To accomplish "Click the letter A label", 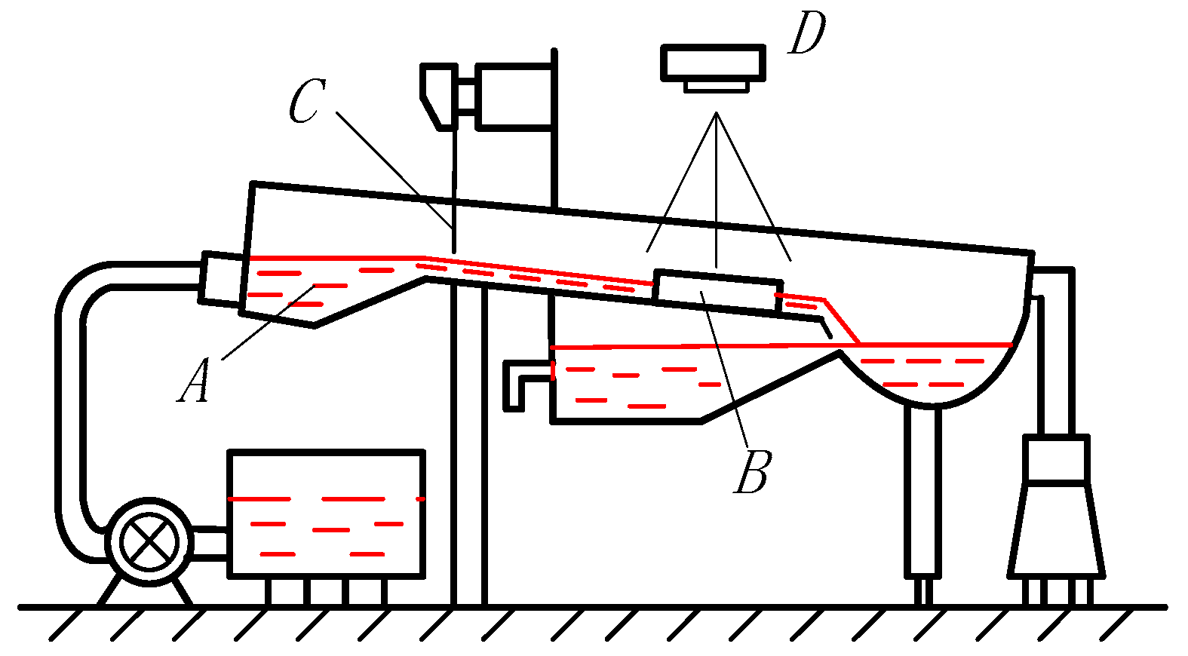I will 195,381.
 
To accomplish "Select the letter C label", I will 307,101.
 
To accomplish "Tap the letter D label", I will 807,34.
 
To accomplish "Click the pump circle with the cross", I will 149,541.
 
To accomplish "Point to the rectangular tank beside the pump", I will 326,514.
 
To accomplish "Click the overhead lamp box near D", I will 714,62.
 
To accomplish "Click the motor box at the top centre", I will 514,97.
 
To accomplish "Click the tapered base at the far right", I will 1056,528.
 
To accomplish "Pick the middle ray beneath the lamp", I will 717,189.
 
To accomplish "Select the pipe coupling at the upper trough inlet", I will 220,280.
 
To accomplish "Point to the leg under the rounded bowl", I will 922,490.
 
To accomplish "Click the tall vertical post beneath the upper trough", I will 468,445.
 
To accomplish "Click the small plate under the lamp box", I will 716,86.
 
